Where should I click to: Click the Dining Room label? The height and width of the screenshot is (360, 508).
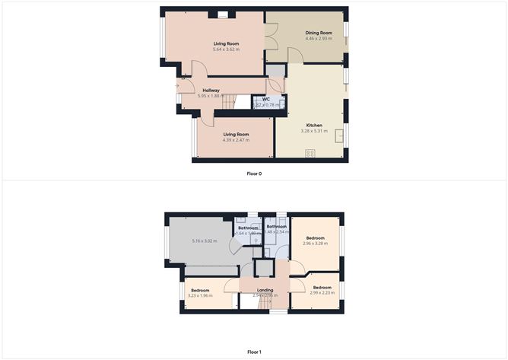(319, 33)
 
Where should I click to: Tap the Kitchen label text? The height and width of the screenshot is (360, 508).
(314, 125)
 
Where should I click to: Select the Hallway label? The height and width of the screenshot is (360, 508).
(211, 91)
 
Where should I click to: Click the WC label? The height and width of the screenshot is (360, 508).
(266, 100)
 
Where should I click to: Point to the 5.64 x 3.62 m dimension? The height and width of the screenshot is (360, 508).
(226, 50)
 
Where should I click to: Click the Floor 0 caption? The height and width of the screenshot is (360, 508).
(254, 174)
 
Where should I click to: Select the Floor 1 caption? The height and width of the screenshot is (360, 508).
(254, 352)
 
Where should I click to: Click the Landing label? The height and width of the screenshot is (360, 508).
(265, 289)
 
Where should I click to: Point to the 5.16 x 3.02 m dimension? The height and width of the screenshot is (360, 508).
(204, 241)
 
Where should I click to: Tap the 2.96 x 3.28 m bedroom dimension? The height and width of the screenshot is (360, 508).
(314, 244)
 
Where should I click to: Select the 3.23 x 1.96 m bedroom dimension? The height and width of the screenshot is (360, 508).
(201, 295)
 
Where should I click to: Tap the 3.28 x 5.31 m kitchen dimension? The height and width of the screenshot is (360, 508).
(314, 131)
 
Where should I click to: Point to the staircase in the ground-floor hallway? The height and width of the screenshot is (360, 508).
(242, 101)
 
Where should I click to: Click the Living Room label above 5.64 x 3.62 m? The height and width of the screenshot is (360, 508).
(226, 44)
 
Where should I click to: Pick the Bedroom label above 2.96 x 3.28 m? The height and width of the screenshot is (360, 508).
(314, 237)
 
